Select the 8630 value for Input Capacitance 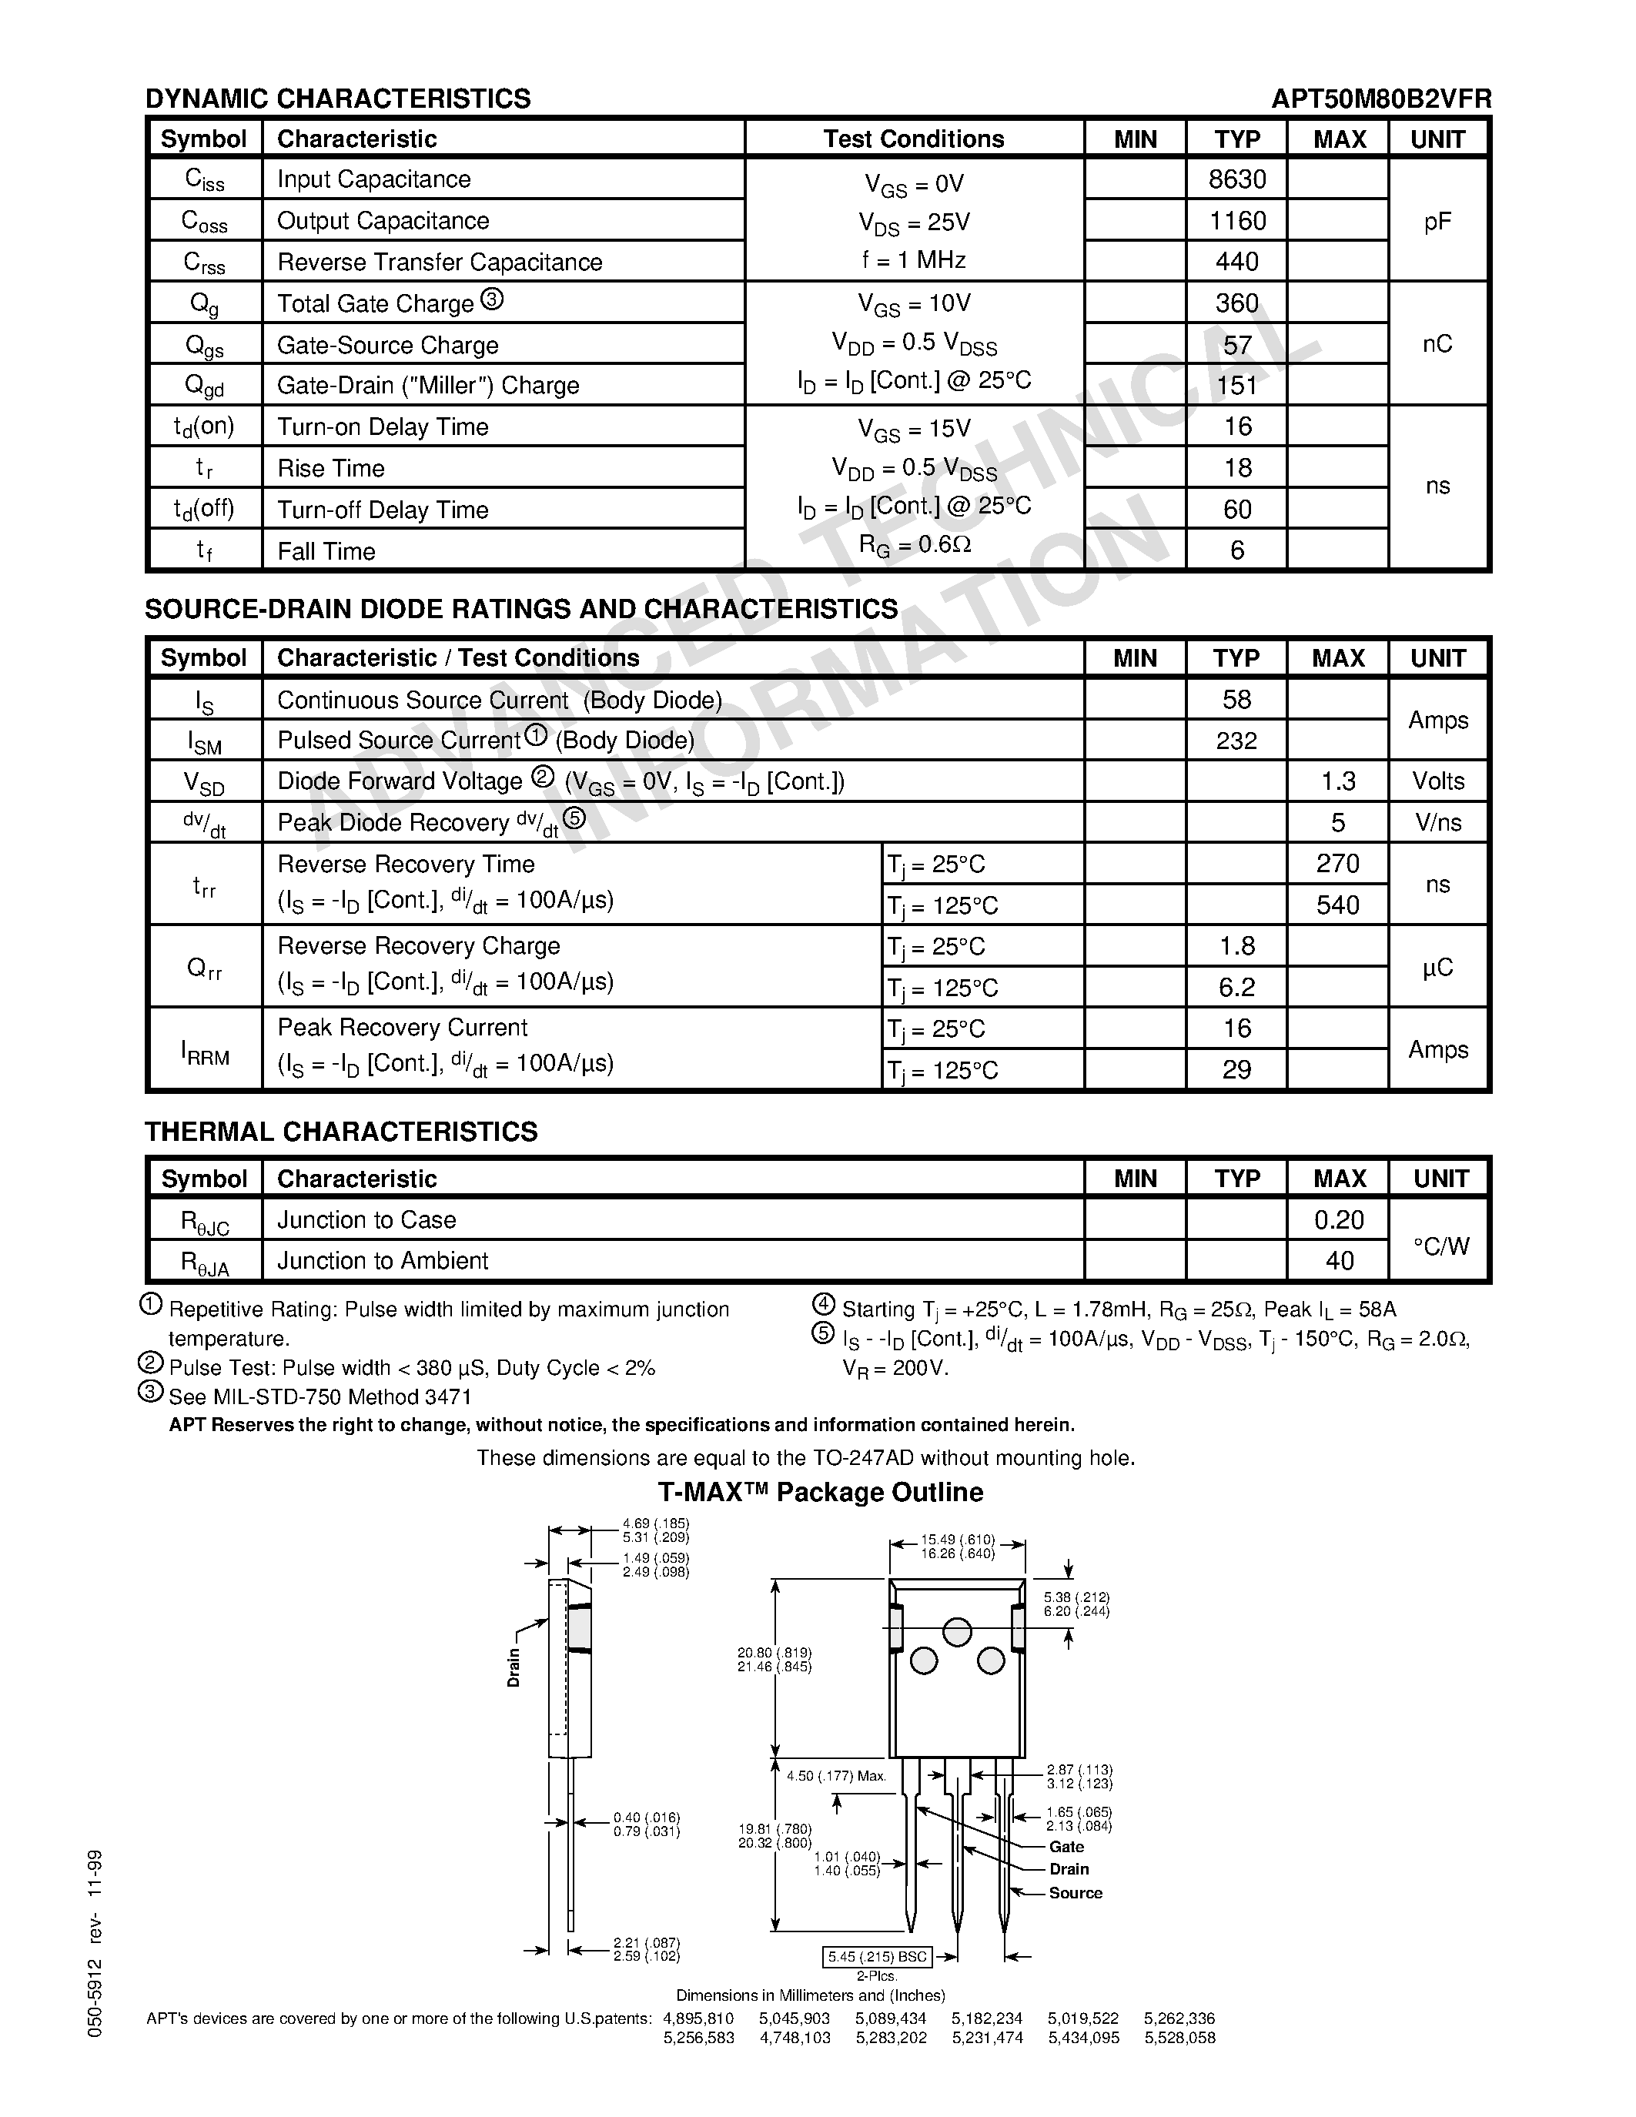pos(1236,179)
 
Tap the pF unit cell pos(1437,222)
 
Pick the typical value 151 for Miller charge pos(1236,386)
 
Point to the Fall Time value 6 pos(1236,550)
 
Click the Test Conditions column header pos(913,139)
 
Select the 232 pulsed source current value pos(1236,741)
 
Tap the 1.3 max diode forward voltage pos(1337,781)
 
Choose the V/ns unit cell pos(1437,823)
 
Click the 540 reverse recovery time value pos(1337,905)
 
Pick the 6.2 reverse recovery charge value pos(1236,988)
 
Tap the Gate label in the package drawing pos(1066,1848)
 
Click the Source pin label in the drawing pos(1075,1893)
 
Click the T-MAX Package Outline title pos(820,1492)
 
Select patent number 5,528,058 pos(1179,2038)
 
